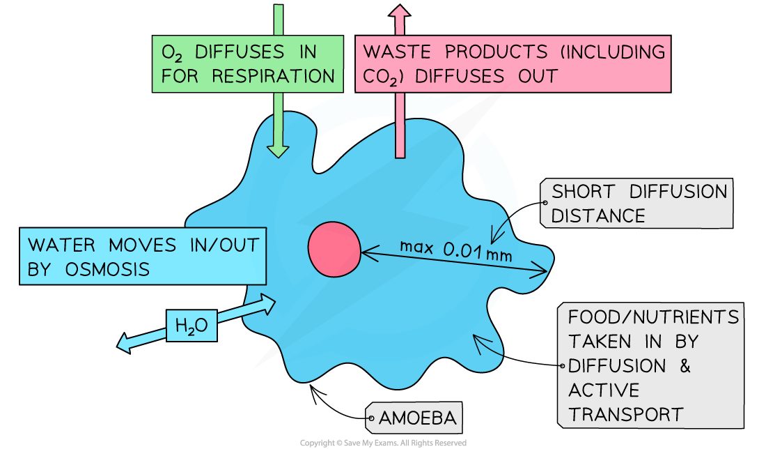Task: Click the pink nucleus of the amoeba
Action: [x=334, y=250]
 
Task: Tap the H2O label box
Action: [x=191, y=325]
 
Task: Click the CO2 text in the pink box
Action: [x=380, y=76]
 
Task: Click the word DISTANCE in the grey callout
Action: [x=598, y=215]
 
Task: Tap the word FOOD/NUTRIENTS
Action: [x=653, y=317]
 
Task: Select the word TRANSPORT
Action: [x=625, y=414]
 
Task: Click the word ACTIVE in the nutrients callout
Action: [x=604, y=390]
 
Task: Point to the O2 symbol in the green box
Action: [x=173, y=53]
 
